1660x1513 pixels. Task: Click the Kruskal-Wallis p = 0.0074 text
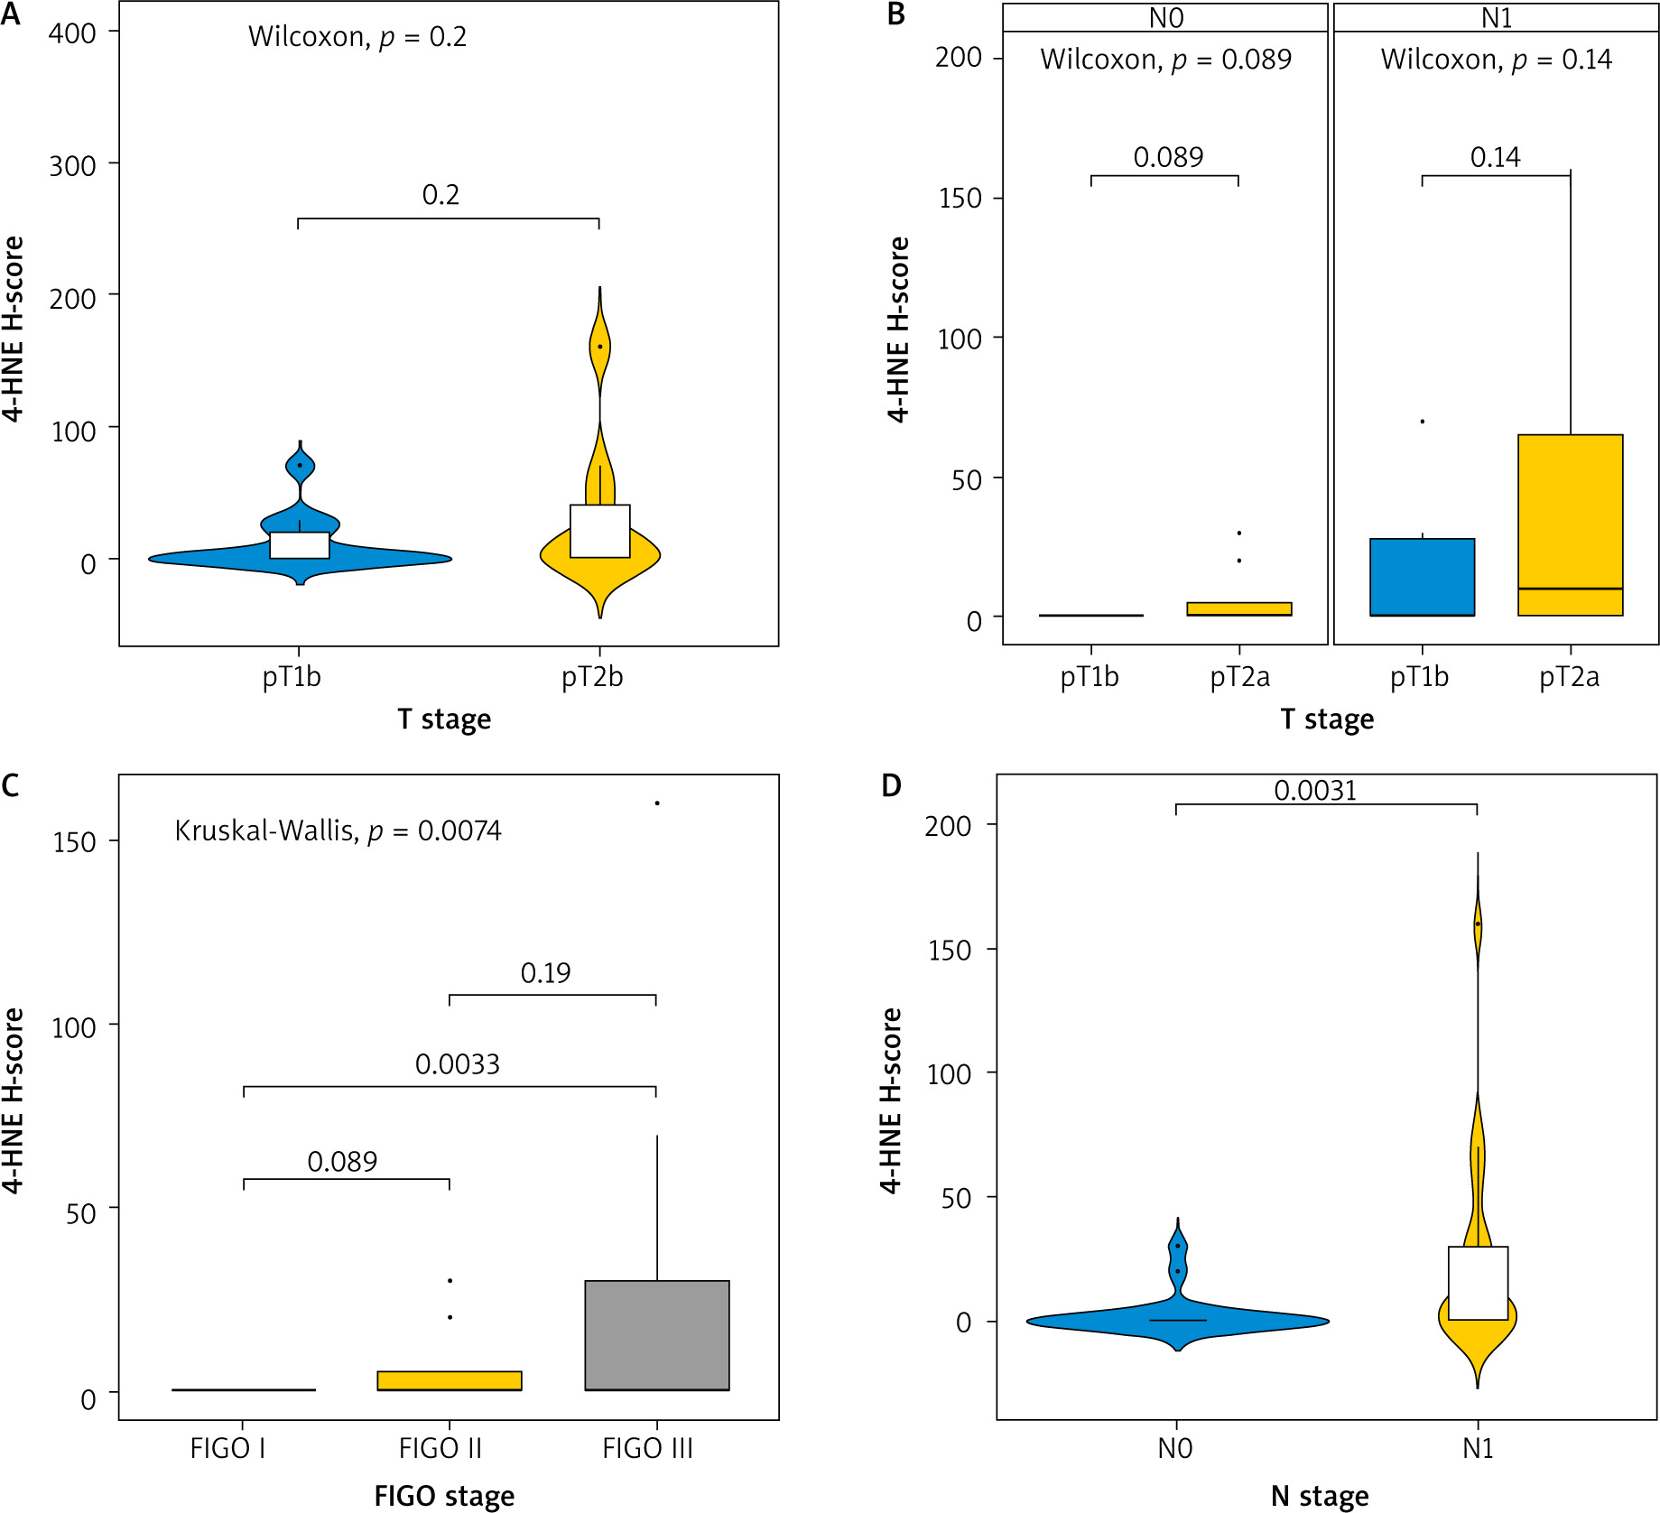click(338, 831)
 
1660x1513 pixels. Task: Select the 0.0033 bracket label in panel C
click(457, 1064)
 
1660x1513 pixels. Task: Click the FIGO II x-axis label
click(441, 1448)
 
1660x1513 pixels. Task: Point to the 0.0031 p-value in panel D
click(1315, 791)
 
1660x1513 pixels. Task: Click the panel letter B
click(895, 15)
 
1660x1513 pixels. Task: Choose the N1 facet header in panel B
click(1496, 18)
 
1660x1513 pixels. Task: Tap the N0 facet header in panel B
click(1165, 18)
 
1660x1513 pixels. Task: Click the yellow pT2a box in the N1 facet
click(1570, 524)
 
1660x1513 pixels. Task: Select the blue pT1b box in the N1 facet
click(1422, 577)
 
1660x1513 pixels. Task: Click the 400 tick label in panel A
click(72, 33)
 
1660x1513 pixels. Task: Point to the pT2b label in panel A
click(592, 676)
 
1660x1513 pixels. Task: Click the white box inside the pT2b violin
click(600, 531)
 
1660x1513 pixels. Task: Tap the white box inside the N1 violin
click(1478, 1283)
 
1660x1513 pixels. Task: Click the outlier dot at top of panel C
click(657, 803)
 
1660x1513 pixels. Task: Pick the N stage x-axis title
click(1319, 1496)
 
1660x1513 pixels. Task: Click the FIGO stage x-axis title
click(444, 1496)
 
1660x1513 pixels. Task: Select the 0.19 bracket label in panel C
click(545, 973)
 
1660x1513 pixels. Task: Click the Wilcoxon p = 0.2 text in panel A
click(357, 37)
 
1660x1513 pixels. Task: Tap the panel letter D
click(891, 785)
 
